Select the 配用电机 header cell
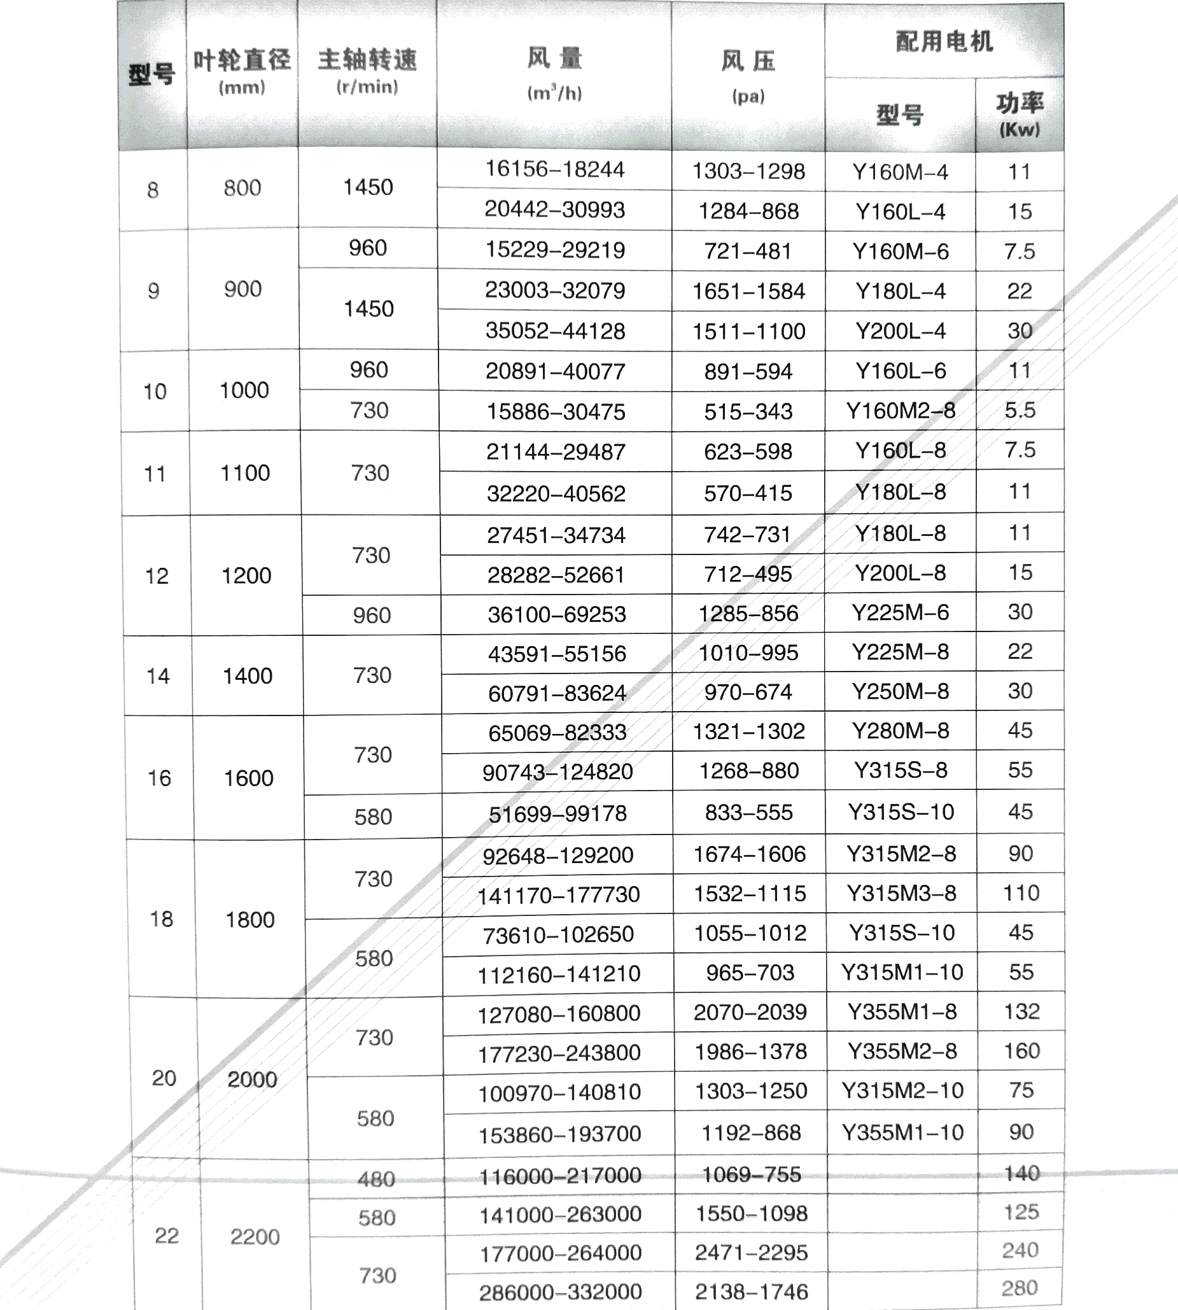(x=944, y=41)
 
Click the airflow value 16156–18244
(x=555, y=169)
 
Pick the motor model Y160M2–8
(x=901, y=411)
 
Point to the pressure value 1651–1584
(x=748, y=292)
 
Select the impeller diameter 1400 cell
(x=248, y=676)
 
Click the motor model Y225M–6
(x=901, y=612)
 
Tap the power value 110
(x=1021, y=893)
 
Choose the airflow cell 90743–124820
(x=557, y=771)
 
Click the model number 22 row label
(x=166, y=1236)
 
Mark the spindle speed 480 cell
(x=376, y=1179)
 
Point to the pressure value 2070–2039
(x=750, y=1012)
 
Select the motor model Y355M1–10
(x=902, y=1132)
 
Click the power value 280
(x=1020, y=1288)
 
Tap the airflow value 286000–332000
(x=560, y=1292)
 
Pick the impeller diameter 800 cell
(x=242, y=188)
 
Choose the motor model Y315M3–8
(x=902, y=893)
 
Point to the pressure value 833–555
(x=749, y=812)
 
